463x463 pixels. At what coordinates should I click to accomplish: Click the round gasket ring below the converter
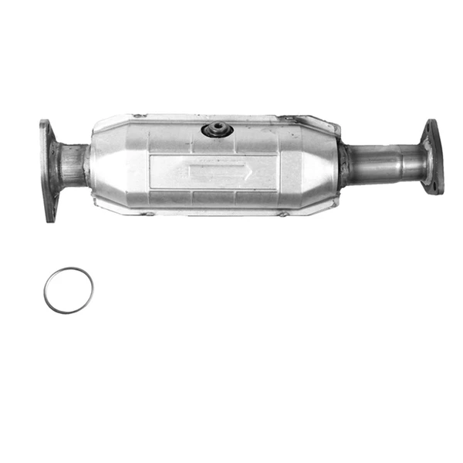[68, 290]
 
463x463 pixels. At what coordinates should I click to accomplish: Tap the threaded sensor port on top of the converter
[218, 129]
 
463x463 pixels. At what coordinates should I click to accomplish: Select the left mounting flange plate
[49, 170]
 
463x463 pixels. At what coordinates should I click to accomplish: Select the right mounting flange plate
[432, 157]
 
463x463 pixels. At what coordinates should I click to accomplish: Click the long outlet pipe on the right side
[382, 163]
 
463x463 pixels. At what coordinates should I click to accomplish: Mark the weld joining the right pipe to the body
[342, 164]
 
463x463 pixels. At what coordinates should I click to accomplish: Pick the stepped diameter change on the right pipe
[401, 162]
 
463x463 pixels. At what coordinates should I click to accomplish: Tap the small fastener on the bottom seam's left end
[142, 213]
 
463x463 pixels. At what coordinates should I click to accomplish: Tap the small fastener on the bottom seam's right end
[282, 214]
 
